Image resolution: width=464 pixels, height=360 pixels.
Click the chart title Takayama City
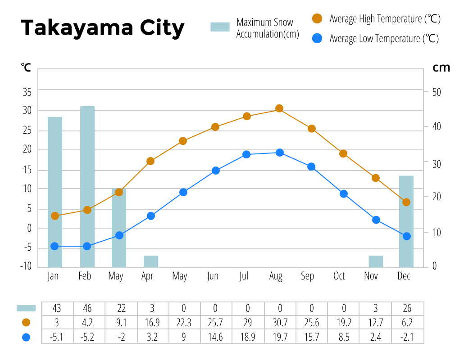tap(103, 28)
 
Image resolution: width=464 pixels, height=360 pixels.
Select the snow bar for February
tap(87, 187)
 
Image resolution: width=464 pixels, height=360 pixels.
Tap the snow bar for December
tap(406, 221)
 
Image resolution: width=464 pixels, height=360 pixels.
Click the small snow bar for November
tap(376, 261)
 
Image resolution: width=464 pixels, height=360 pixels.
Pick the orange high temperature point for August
tap(279, 108)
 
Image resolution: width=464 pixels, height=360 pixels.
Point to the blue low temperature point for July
tap(246, 154)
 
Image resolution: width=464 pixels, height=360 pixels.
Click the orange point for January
tap(55, 216)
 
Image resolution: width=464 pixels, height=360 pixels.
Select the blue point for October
tap(344, 194)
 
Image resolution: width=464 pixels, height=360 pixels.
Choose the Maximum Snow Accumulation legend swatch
tap(220, 27)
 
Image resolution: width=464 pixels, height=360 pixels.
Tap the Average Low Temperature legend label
tap(383, 39)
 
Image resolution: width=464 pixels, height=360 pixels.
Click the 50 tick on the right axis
tap(436, 92)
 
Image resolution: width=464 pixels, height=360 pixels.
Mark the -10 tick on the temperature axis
tap(26, 265)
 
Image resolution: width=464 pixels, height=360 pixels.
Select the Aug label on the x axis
tap(276, 276)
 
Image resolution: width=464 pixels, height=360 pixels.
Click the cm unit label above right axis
tap(441, 67)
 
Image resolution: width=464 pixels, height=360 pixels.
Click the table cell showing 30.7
tap(279, 323)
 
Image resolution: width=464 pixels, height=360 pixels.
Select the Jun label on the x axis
tap(213, 276)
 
